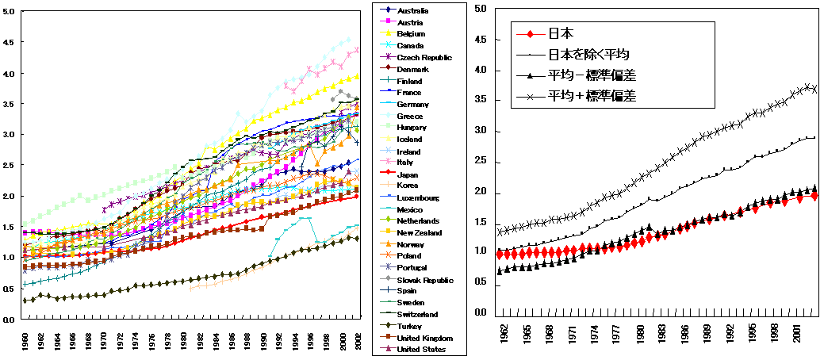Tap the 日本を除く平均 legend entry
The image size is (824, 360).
(x=588, y=56)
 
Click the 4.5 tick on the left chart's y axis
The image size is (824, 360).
(x=9, y=44)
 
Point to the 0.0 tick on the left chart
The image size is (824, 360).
(x=9, y=319)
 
